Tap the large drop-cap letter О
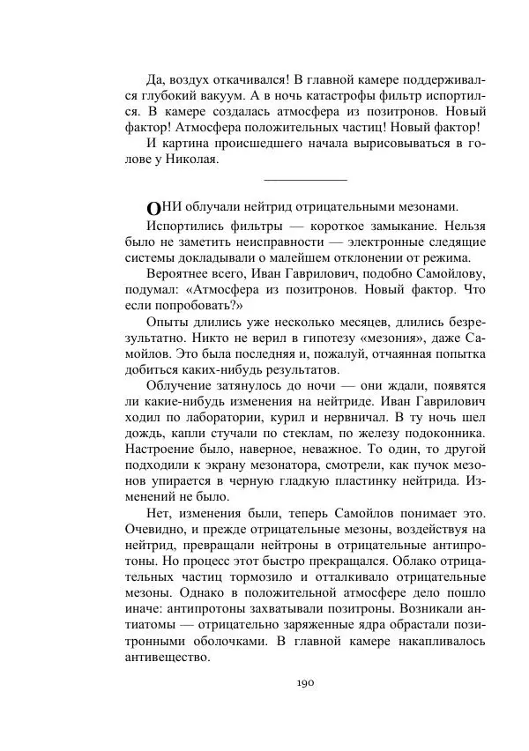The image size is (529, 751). tap(153, 209)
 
